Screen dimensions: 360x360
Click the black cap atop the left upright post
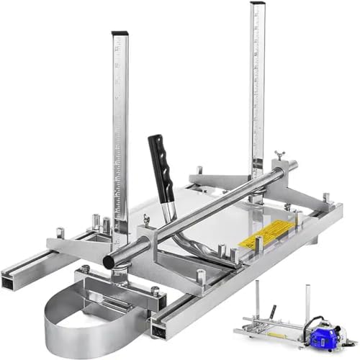click(x=120, y=34)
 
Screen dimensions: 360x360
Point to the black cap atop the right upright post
click(x=258, y=5)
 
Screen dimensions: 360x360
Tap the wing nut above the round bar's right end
click(x=278, y=156)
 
